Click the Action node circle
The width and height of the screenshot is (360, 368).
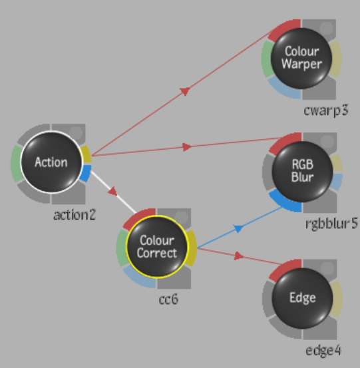click(52, 162)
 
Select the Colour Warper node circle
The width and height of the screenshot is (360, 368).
click(301, 58)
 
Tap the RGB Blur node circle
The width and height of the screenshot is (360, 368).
click(302, 171)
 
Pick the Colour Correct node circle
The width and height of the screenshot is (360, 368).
click(157, 246)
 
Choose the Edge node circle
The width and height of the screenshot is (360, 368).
click(302, 298)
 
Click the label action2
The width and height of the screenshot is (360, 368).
click(75, 215)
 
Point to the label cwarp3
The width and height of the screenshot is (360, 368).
click(326, 110)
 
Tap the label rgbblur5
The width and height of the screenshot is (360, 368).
click(332, 224)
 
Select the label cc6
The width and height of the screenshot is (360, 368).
click(168, 299)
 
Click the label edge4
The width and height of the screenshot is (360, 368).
click(323, 351)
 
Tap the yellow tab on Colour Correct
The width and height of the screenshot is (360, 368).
click(192, 248)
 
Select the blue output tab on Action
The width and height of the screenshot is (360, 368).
click(86, 173)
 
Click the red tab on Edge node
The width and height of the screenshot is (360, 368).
click(283, 270)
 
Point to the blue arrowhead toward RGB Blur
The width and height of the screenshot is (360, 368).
click(238, 228)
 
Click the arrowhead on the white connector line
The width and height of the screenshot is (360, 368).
click(113, 191)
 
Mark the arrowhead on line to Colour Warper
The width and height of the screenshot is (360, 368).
click(185, 91)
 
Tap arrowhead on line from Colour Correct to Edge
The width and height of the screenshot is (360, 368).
click(238, 256)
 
